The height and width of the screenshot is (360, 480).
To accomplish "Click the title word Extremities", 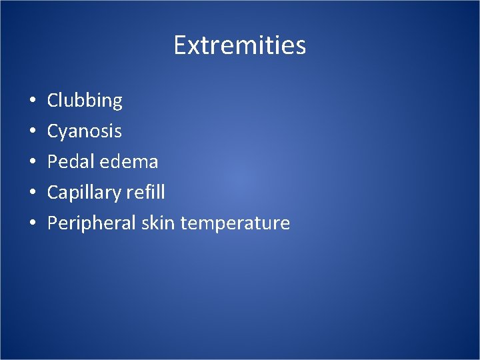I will point(239,46).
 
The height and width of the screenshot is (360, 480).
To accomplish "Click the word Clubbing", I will point(85,101).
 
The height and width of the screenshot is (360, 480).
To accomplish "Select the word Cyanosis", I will point(84,131).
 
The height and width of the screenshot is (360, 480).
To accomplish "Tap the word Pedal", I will point(68,162).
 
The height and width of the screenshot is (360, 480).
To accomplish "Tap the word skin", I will point(157,223).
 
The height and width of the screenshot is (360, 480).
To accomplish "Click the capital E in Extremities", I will point(179,46).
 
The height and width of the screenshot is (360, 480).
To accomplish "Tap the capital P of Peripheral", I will point(53,223).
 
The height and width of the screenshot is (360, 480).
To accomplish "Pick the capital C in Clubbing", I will point(53,101).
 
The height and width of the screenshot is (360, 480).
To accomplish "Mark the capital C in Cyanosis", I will point(53,131).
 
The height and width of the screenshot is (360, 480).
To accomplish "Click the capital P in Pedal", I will point(53,161).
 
